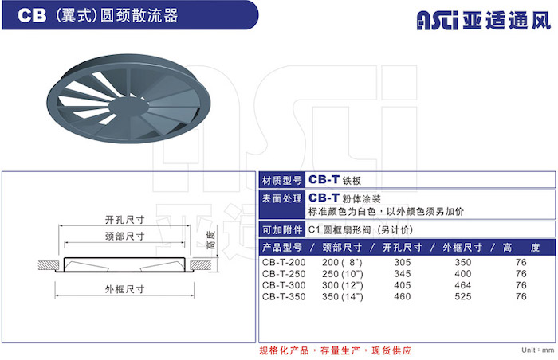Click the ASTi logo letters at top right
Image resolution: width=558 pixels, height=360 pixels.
[x=437, y=20]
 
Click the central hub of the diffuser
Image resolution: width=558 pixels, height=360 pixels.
[x=128, y=106]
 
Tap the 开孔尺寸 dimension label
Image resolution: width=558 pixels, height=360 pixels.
[x=124, y=220]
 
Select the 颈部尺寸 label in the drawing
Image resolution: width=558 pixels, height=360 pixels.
[x=124, y=236]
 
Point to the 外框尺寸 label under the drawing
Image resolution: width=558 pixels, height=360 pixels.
[x=124, y=289]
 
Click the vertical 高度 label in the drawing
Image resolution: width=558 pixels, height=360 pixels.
[x=210, y=240]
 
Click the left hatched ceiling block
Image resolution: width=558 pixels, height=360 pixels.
[x=49, y=265]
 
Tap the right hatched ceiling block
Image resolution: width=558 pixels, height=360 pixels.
[x=201, y=265]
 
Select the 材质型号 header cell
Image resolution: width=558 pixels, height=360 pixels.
[x=282, y=180]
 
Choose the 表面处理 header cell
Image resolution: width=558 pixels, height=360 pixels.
[x=282, y=205]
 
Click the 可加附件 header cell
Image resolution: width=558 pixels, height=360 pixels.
[x=282, y=230]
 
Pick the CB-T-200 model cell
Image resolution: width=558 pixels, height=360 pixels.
[x=284, y=262]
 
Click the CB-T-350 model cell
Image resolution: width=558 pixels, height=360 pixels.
[x=284, y=296]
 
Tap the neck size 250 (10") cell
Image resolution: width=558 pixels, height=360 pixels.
[x=342, y=273]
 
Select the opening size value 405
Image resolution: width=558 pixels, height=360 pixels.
[x=402, y=285]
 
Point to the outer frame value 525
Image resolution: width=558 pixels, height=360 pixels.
[x=462, y=296]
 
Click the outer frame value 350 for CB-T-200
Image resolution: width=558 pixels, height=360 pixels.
[x=462, y=262]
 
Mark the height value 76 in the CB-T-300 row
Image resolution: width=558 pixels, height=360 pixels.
[x=521, y=285]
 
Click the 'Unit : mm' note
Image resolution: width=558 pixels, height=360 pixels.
[x=538, y=350]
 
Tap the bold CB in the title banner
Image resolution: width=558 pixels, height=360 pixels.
[x=32, y=15]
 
